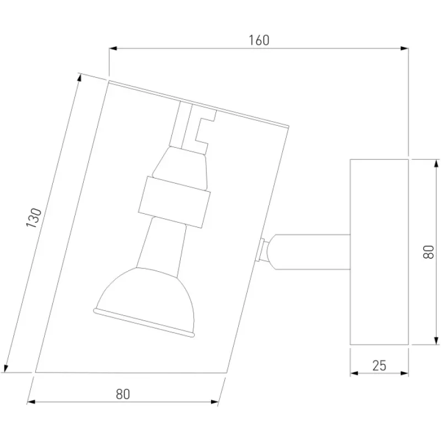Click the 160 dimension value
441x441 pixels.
259,40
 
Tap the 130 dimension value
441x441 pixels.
34,218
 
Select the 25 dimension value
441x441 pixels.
379,365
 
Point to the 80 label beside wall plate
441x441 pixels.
429,252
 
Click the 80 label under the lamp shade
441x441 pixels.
123,394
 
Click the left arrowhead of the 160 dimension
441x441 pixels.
113,49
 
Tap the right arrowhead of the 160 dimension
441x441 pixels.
405,49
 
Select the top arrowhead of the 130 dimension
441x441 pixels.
79,77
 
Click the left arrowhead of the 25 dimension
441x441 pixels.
354,373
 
